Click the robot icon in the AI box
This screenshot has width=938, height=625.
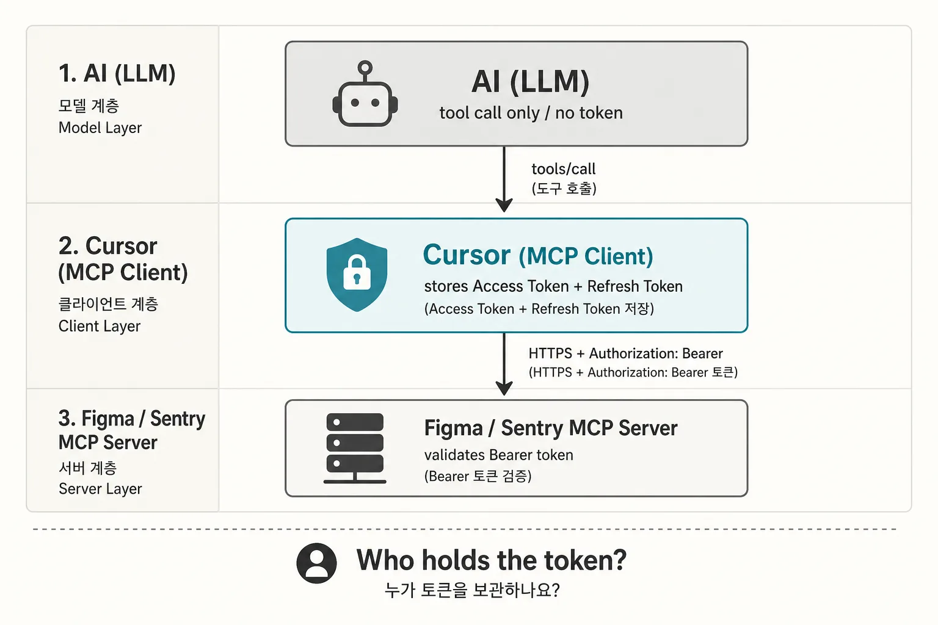365,94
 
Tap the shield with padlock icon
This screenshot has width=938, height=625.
357,275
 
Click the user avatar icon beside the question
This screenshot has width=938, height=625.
316,563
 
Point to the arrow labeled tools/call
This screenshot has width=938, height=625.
504,179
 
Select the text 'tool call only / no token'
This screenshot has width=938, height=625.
531,113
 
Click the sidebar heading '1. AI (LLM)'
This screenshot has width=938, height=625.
117,74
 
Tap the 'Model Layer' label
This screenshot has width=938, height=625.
100,128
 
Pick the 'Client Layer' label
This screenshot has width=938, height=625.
100,326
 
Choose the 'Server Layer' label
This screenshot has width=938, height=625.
100,488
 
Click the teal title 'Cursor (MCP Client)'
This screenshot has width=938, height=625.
538,255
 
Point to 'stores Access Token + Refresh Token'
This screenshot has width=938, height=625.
553,286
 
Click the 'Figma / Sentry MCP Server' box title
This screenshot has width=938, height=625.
551,428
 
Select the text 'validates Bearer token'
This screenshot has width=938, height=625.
498,455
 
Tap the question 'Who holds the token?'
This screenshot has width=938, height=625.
491,560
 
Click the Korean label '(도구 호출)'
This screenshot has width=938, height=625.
564,189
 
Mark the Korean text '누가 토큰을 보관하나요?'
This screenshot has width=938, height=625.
472,590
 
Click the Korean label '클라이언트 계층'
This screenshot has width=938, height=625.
108,304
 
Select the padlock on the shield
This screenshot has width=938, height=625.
357,272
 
